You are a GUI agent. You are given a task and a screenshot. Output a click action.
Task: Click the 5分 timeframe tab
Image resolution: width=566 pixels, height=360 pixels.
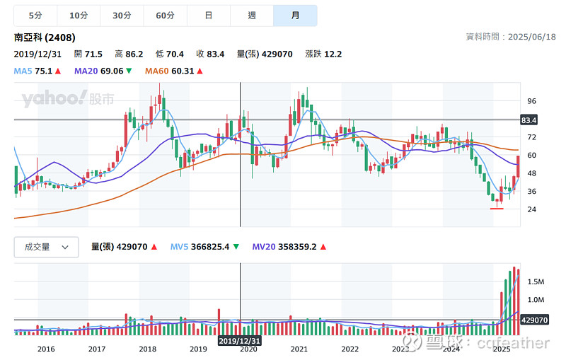pyautogui.click(x=35, y=15)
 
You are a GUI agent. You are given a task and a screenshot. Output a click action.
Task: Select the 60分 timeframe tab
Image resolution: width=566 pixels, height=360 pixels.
pyautogui.click(x=165, y=15)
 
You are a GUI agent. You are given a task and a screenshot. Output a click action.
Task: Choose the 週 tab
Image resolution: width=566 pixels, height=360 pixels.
pyautogui.click(x=252, y=15)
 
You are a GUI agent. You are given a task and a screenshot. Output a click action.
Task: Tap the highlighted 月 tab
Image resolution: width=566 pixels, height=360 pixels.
pyautogui.click(x=295, y=15)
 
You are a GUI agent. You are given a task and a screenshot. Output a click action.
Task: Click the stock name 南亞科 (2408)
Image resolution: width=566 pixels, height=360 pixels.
pyautogui.click(x=45, y=37)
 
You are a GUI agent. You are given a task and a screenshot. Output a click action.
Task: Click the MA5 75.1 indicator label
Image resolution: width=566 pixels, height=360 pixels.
pyautogui.click(x=37, y=71)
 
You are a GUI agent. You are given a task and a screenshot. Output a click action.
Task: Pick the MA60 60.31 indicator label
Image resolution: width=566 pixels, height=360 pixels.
pyautogui.click(x=173, y=71)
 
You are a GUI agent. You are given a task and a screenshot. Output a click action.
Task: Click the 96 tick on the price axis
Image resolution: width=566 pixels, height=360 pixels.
pyautogui.click(x=532, y=101)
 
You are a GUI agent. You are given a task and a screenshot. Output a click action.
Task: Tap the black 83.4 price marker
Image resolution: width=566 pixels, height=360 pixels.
pyautogui.click(x=529, y=120)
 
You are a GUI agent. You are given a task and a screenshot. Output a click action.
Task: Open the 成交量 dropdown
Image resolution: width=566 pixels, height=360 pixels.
pyautogui.click(x=47, y=247)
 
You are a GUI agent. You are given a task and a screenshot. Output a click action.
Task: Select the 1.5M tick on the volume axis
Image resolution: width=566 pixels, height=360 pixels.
pyautogui.click(x=535, y=281)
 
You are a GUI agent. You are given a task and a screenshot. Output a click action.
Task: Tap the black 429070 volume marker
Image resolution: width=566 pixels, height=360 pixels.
pyautogui.click(x=533, y=320)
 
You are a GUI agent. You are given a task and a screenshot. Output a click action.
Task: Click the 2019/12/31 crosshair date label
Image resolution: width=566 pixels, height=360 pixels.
pyautogui.click(x=240, y=340)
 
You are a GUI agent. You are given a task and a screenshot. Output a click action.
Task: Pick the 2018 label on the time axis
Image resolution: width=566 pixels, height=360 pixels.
pyautogui.click(x=147, y=349)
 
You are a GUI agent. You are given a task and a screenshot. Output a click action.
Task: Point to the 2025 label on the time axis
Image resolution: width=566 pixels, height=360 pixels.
pyautogui.click(x=502, y=349)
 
